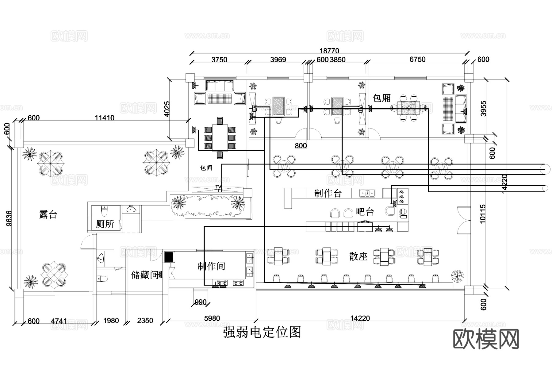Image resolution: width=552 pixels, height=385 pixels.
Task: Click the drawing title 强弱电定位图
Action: (262, 332)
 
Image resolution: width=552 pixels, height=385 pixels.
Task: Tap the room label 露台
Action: (48, 214)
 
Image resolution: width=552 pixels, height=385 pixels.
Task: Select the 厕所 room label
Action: (105, 224)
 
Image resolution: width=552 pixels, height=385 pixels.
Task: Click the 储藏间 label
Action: (144, 275)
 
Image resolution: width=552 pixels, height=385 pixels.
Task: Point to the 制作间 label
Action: (211, 266)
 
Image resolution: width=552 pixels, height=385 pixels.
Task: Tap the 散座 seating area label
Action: (358, 256)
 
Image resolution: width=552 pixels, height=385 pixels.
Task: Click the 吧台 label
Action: (365, 212)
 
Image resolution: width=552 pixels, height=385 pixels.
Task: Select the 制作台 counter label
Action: (328, 193)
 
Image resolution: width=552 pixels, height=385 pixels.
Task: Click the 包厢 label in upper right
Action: (381, 98)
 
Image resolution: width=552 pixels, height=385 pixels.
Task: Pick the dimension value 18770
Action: (329, 51)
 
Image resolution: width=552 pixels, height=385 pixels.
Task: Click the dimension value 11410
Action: (104, 118)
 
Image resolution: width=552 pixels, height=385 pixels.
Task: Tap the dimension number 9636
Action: (9, 218)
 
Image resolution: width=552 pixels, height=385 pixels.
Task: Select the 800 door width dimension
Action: (301, 145)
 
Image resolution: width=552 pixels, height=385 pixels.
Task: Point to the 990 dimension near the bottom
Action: (200, 302)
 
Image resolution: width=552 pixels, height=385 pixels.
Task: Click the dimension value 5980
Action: (212, 318)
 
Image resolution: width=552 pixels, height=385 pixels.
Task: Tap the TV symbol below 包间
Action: (218, 187)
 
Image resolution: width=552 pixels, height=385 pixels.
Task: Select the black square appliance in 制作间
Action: (169, 257)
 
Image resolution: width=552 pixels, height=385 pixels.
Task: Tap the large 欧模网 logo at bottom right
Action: (486, 339)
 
